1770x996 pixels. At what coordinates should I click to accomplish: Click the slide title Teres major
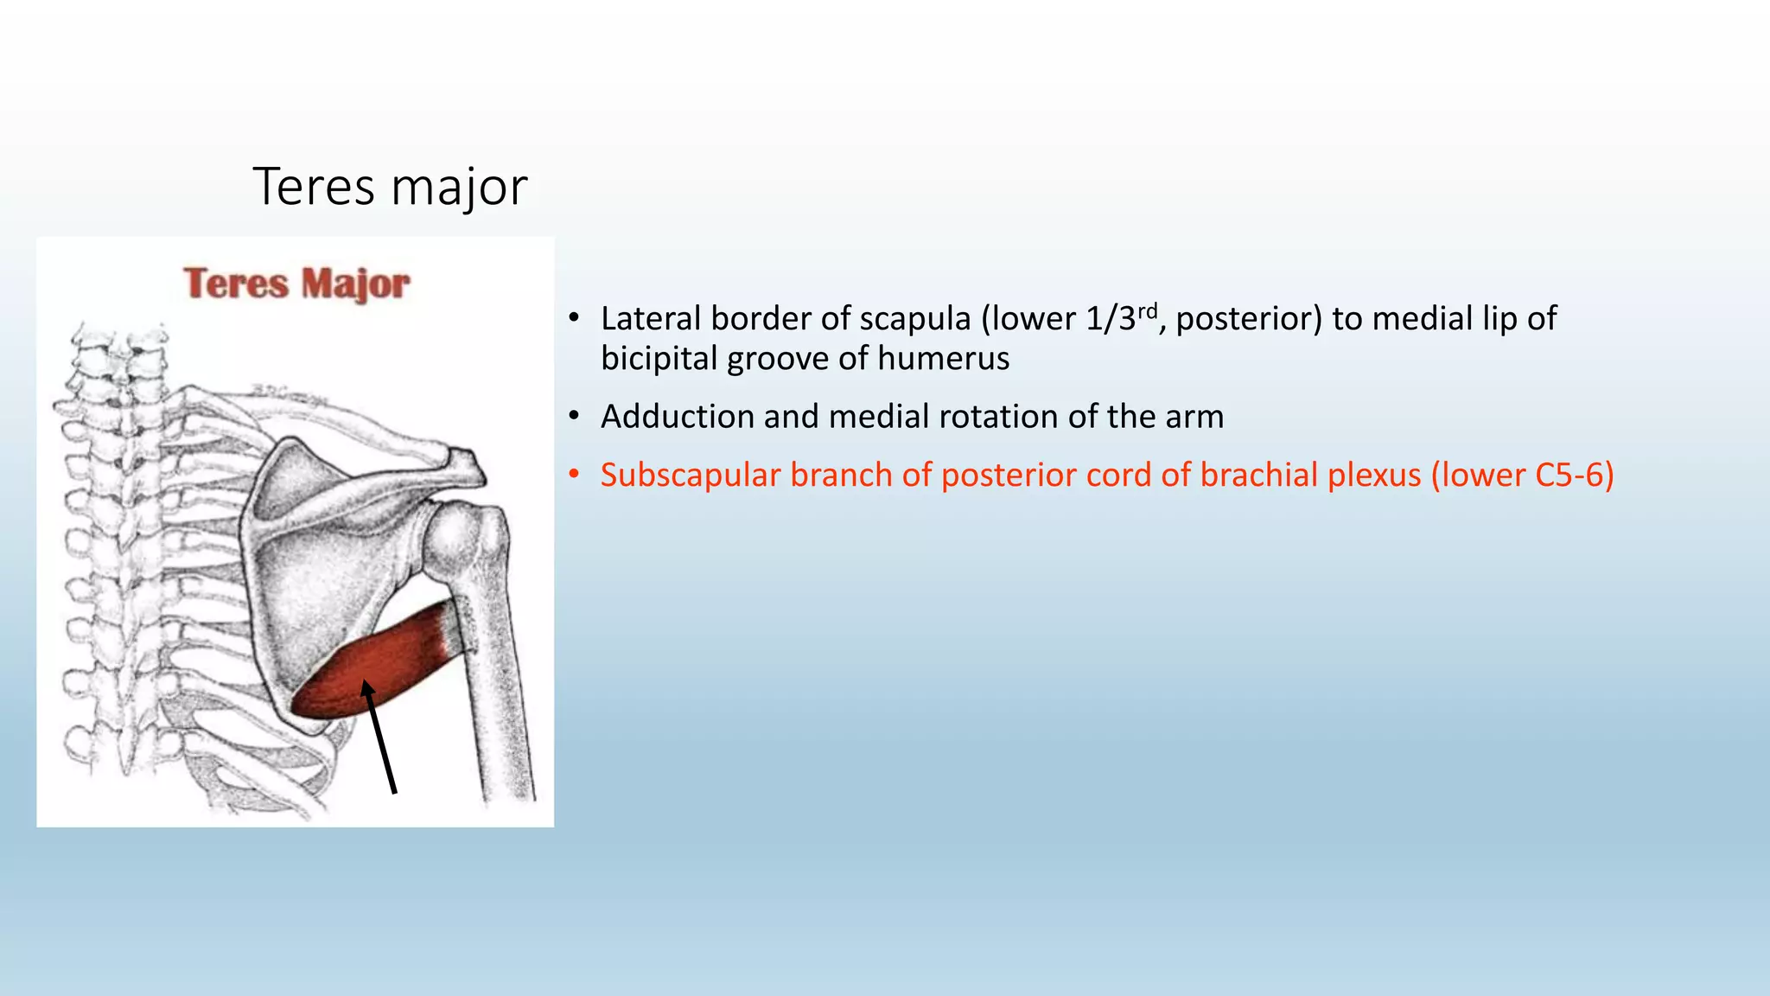pos(390,186)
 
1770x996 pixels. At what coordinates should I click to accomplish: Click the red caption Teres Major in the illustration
pos(296,284)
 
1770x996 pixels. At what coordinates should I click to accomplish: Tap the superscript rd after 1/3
pos(1147,310)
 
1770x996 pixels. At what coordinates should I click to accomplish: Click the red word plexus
pos(1374,476)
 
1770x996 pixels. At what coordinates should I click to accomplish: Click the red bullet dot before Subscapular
pos(573,476)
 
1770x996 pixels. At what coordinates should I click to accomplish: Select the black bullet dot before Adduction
pos(573,417)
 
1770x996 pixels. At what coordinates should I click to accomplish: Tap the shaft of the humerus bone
pos(501,692)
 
